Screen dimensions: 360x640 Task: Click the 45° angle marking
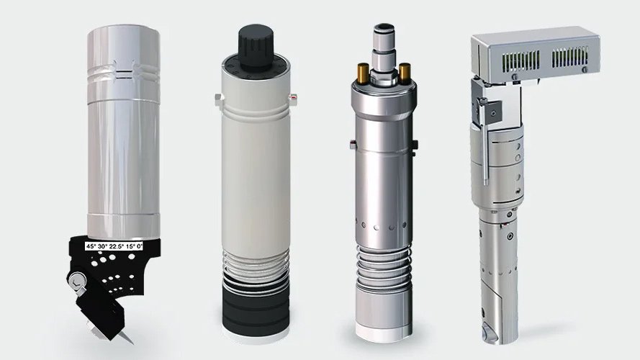[91, 246]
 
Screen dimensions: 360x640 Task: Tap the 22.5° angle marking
[118, 246]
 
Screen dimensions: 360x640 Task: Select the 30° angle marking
[104, 246]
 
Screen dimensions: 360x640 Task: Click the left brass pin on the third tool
[360, 71]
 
